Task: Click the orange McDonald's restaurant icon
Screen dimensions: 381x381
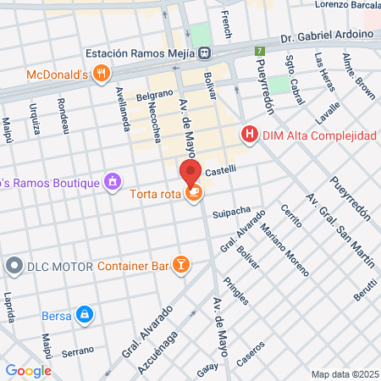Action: click(101, 73)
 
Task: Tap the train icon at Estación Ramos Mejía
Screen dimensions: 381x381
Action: click(205, 52)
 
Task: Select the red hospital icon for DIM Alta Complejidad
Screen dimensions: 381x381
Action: click(249, 135)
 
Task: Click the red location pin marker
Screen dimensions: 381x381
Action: click(190, 174)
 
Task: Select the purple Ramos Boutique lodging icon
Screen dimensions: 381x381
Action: click(111, 181)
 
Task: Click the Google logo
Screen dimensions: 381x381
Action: click(28, 370)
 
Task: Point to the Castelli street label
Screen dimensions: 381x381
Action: click(220, 170)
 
